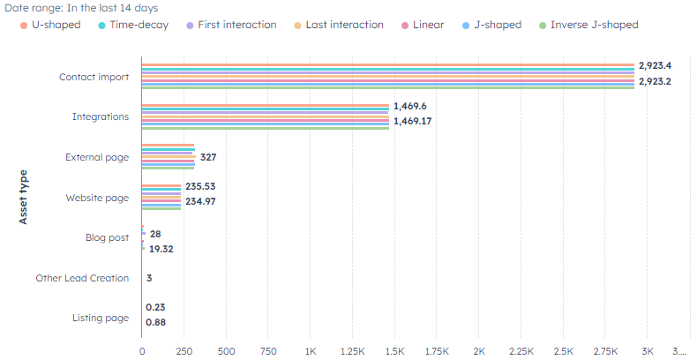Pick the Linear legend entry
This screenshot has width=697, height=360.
click(428, 25)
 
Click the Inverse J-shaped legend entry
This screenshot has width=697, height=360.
click(594, 25)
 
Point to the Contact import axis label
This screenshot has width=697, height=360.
click(94, 77)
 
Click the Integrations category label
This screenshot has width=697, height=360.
click(100, 116)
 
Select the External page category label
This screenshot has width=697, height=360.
click(97, 157)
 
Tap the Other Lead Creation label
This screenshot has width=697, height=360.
click(82, 278)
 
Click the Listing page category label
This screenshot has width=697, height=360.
click(101, 318)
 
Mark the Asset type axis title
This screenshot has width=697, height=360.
click(24, 197)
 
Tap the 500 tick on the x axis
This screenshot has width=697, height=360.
click(227, 350)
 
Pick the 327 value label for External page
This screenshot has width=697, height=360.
click(208, 157)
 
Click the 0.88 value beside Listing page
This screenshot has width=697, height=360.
click(156, 322)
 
